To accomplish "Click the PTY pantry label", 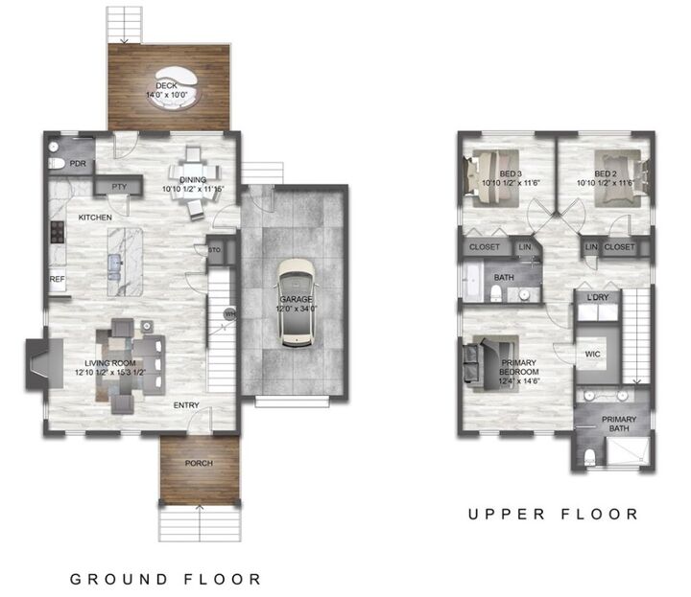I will point(120,187).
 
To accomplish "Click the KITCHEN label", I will point(95,218).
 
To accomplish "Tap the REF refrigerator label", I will point(58,279).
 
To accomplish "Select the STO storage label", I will point(214,250).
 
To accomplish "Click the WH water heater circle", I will point(229,312).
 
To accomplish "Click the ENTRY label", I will point(186,405).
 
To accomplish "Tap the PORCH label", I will point(199,464).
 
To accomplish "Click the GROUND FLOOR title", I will point(165,579).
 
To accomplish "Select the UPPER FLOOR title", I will point(553,515).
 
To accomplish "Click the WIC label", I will point(593,354).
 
